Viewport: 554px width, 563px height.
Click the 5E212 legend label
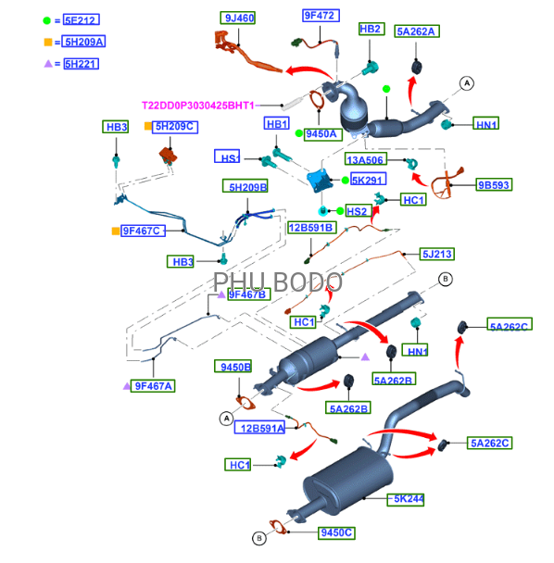(82, 19)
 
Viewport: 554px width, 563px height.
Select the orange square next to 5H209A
(48, 42)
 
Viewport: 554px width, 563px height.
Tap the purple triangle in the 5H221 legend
(48, 64)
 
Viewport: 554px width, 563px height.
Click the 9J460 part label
(238, 18)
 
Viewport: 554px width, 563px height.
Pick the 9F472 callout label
(321, 16)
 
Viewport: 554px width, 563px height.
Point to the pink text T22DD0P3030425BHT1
(198, 106)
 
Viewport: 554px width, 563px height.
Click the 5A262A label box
(417, 31)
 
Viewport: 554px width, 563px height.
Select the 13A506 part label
(366, 159)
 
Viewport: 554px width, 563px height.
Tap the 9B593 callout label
(494, 184)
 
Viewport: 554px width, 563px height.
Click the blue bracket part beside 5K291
(319, 181)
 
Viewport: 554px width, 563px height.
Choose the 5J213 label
(437, 254)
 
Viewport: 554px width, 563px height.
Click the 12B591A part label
(259, 428)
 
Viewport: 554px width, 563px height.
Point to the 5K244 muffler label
(406, 499)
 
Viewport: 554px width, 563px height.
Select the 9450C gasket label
(336, 532)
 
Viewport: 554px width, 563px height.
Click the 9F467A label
(153, 386)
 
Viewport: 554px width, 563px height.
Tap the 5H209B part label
(245, 186)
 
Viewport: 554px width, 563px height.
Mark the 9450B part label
(233, 367)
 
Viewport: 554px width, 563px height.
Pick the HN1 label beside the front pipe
(485, 123)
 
